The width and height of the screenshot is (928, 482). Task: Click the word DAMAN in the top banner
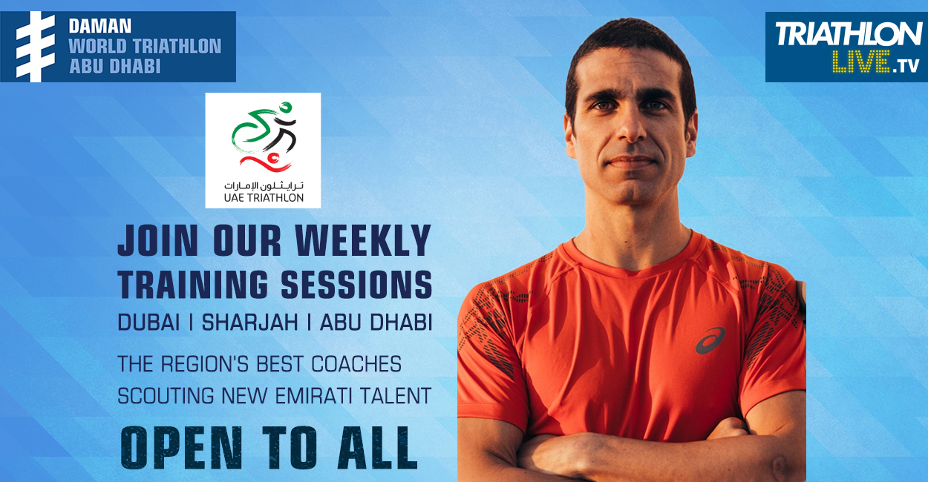coord(99,27)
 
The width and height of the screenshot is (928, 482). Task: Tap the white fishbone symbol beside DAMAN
coord(35,46)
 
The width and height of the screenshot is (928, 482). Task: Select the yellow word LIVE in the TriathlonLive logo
coord(861,62)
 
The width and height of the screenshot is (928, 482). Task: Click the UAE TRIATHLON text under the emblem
coord(264,198)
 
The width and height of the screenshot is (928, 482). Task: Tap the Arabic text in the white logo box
coord(264,186)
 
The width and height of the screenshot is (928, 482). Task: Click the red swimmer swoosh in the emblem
coord(265,162)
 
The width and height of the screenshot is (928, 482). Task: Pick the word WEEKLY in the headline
coord(363,241)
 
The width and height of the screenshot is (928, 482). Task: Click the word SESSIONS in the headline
coord(356,284)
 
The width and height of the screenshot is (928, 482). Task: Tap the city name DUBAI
coord(148,323)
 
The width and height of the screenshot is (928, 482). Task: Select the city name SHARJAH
coord(249,323)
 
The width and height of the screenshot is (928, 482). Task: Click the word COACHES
coord(356,364)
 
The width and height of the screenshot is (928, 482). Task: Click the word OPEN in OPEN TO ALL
coord(181,448)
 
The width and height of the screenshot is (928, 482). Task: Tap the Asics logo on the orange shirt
coord(710,340)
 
